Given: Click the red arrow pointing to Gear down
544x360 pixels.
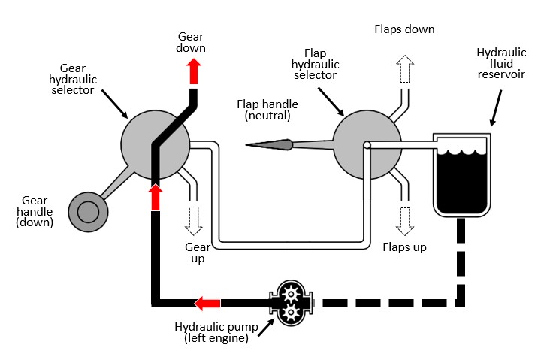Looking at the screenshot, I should coord(193,70).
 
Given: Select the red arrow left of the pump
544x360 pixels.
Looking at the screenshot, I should coord(207,303).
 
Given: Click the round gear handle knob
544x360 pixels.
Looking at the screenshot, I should coord(87,210).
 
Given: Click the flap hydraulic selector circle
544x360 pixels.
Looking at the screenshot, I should coord(366,144).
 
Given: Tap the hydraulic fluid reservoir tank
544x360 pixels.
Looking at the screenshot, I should coord(461,173).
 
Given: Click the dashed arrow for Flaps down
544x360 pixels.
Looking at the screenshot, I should coord(406,68).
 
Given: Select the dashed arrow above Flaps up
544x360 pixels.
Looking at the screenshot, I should coord(406,219).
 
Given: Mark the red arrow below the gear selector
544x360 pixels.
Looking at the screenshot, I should coord(156,197).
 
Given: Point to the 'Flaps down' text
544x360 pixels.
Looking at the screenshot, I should coord(404,29).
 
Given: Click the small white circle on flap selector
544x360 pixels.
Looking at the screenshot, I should coord(367,145).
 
